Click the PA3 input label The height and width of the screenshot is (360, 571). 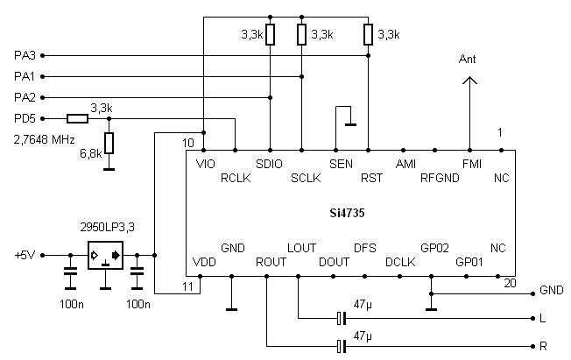click(x=24, y=55)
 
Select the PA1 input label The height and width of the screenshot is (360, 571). click(x=24, y=76)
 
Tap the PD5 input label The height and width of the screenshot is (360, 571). click(x=24, y=118)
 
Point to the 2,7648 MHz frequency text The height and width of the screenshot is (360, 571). click(x=44, y=139)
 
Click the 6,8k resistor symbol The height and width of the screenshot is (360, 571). click(x=109, y=143)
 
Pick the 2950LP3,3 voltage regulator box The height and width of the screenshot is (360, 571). click(x=105, y=255)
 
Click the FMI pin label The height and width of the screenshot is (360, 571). click(x=470, y=164)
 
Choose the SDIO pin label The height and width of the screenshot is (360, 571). click(x=270, y=164)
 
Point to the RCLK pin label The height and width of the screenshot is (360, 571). click(x=236, y=178)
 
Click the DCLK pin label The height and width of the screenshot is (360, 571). click(x=399, y=261)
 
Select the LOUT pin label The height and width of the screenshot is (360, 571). click(x=301, y=248)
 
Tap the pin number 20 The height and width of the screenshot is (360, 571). click(x=510, y=283)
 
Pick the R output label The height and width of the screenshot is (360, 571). click(x=544, y=347)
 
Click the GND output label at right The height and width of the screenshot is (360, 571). click(x=552, y=290)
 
